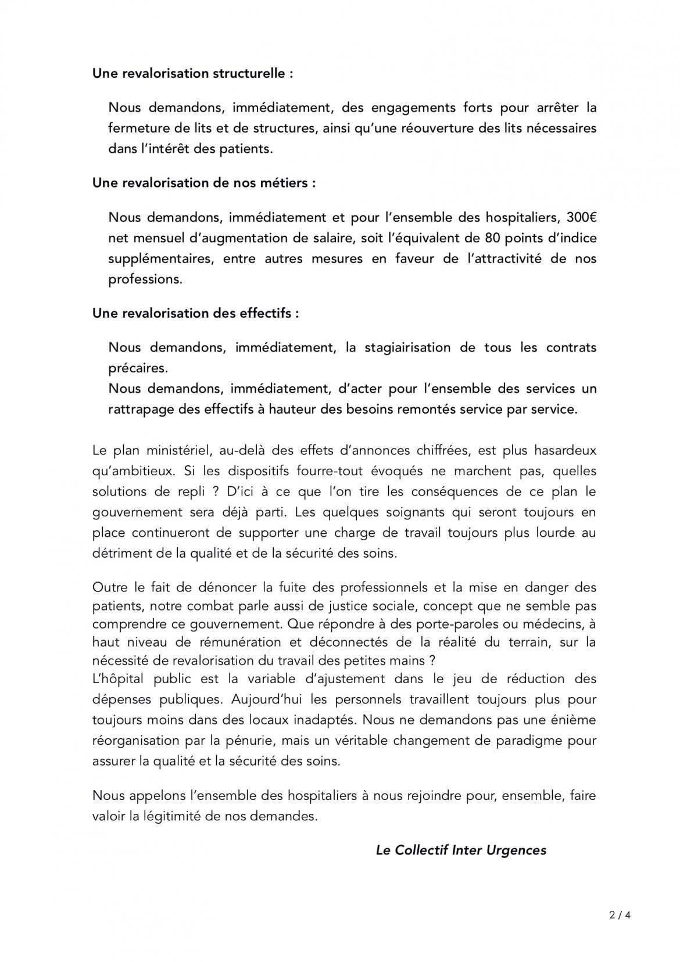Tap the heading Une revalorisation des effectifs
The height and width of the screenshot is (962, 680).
click(x=196, y=313)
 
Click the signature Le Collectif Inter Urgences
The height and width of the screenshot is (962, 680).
click(x=461, y=850)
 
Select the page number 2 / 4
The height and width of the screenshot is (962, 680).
click(x=620, y=915)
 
